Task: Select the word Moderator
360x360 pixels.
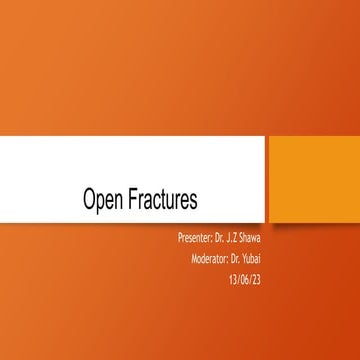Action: tap(211, 259)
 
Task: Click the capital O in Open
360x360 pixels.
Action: tap(90, 201)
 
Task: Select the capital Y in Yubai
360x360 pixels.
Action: tap(255, 259)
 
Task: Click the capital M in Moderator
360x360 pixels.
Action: tap(193, 259)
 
